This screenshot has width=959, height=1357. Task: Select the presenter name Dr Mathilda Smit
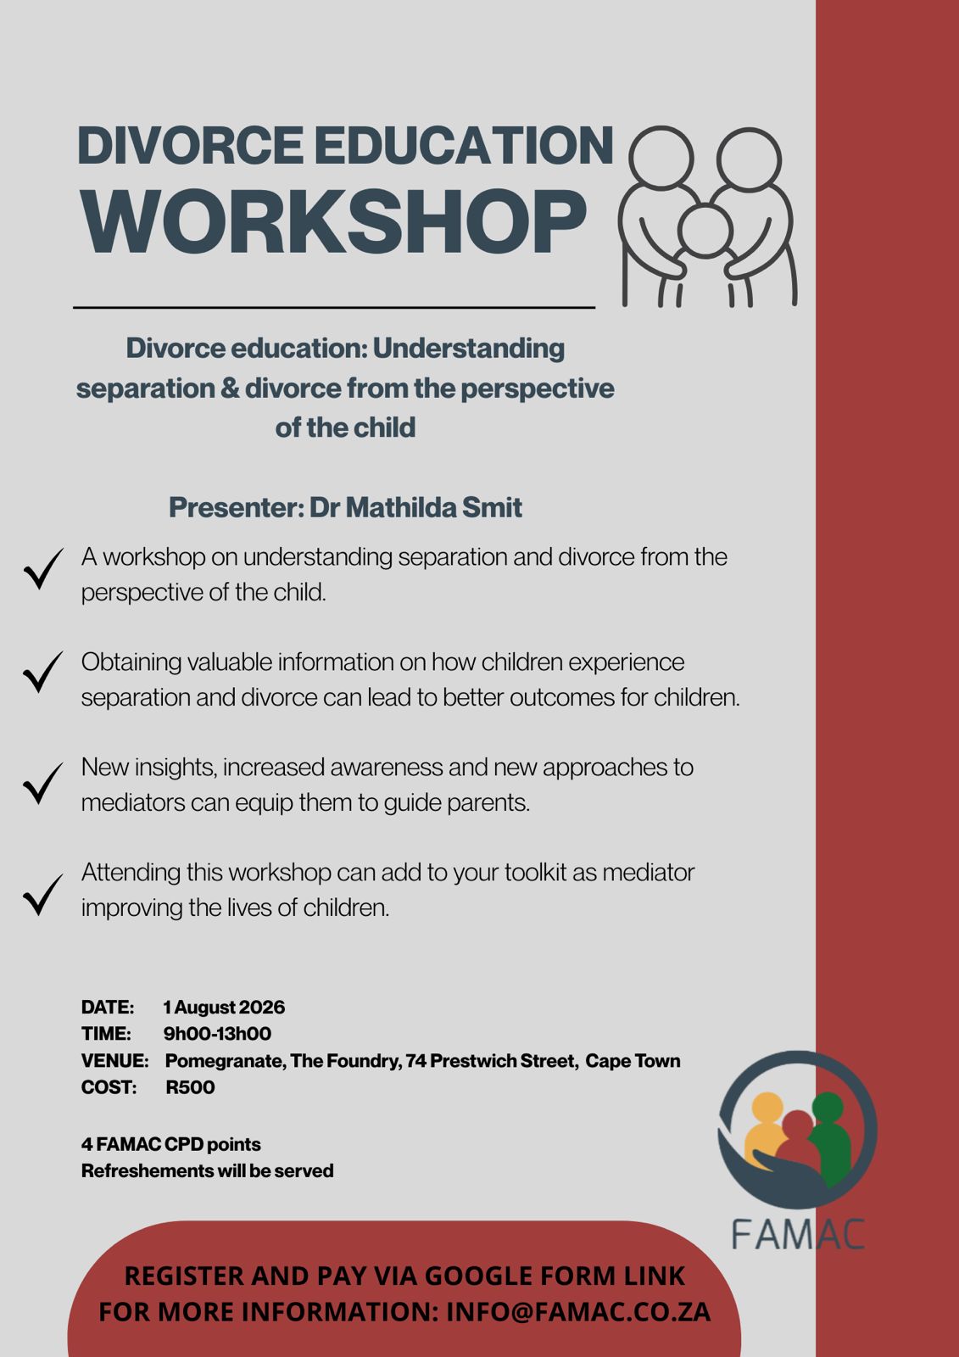415,508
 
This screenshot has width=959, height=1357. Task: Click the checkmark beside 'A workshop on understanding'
43,569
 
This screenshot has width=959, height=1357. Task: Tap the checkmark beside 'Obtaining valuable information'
43,672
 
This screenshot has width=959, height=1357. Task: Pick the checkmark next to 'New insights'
43,784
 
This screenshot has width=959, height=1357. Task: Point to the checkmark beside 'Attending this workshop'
43,895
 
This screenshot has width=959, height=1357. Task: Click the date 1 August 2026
224,1008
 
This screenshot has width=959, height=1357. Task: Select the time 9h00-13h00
217,1034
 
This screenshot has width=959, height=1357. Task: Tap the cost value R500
190,1087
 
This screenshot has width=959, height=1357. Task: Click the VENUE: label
114,1061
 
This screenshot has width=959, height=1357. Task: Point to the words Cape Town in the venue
633,1061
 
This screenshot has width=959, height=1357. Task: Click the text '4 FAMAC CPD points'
170,1144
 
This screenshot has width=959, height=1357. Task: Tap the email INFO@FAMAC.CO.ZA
578,1312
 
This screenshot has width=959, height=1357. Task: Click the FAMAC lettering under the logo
798,1234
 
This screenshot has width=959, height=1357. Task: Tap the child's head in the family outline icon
705,231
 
